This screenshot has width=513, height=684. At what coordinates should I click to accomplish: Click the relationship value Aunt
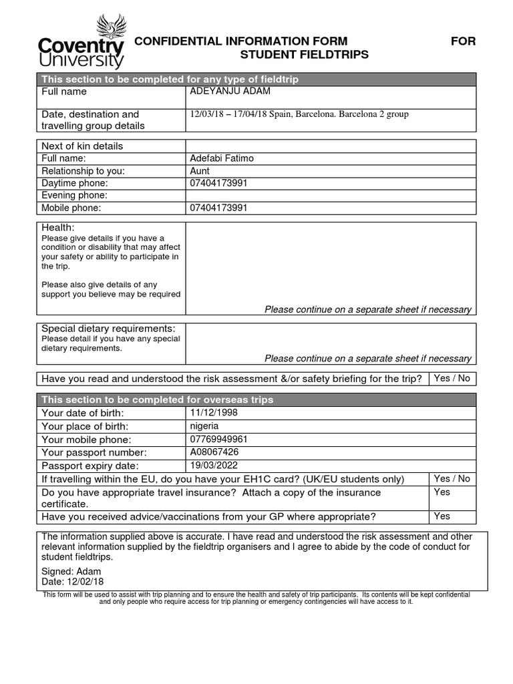[x=200, y=171]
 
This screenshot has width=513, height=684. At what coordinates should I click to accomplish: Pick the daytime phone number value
[x=219, y=183]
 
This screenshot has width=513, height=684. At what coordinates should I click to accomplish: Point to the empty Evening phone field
[x=330, y=196]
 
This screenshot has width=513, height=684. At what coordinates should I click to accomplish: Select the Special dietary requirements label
[x=108, y=329]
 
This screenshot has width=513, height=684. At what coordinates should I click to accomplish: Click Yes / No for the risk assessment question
[x=452, y=379]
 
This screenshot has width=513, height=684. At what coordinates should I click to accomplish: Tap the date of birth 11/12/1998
[x=214, y=413]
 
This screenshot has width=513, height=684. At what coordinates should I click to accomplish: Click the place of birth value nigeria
[x=204, y=426]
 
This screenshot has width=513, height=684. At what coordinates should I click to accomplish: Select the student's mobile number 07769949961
[x=219, y=440]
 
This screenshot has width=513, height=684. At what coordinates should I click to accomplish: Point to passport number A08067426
[x=215, y=452]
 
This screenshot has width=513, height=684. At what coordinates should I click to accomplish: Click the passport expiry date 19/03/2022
[x=214, y=466]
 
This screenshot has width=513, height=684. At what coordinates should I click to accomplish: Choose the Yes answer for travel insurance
[x=442, y=492]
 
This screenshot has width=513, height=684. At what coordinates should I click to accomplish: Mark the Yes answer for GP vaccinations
[x=442, y=516]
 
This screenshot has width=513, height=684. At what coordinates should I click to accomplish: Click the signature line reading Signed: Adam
[x=71, y=572]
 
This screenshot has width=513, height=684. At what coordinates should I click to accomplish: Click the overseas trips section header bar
[x=256, y=399]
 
